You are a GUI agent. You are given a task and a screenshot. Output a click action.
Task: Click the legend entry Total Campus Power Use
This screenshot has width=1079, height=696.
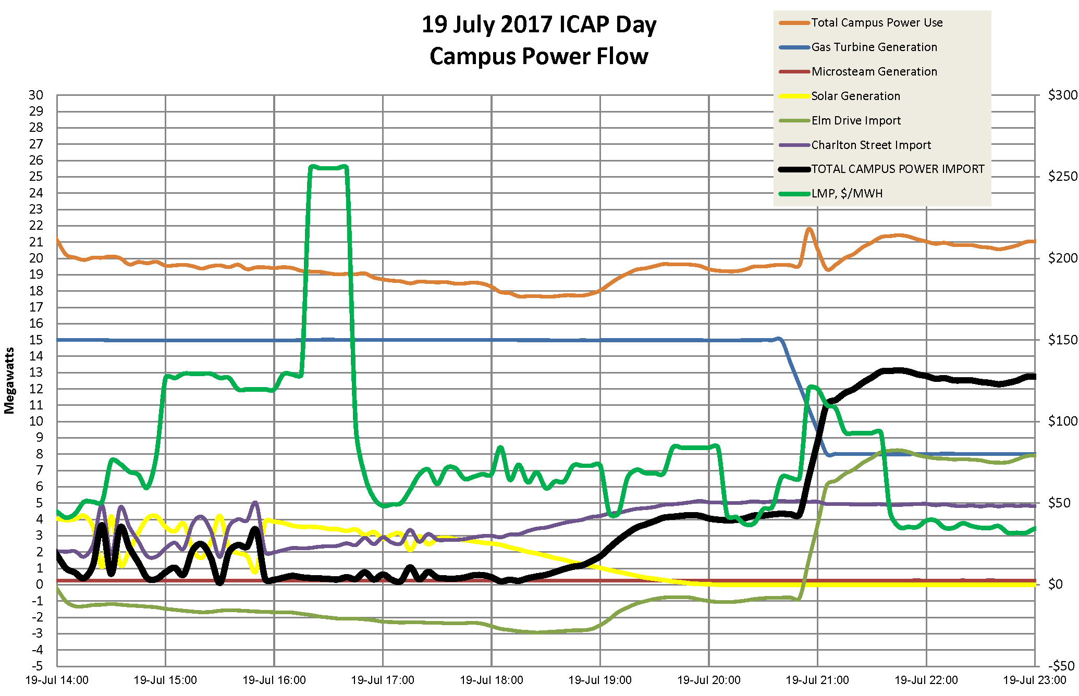(x=877, y=23)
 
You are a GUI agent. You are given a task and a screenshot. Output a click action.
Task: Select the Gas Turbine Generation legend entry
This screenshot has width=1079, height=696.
(x=874, y=47)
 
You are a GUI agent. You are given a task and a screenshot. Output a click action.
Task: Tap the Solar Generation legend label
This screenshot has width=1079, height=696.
(x=855, y=96)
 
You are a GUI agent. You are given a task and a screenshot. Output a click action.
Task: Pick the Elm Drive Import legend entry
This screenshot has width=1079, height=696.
(x=856, y=121)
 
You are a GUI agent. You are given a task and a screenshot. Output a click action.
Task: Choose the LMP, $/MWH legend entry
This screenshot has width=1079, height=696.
(x=847, y=194)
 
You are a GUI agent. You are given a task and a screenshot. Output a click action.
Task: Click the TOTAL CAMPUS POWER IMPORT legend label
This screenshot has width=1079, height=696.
(x=898, y=169)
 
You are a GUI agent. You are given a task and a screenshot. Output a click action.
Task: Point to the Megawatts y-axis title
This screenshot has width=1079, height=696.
(x=9, y=381)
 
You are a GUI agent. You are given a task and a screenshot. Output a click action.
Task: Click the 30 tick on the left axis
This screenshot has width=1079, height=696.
(x=36, y=95)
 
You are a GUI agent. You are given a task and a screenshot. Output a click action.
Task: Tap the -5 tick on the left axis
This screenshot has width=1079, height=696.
(x=37, y=666)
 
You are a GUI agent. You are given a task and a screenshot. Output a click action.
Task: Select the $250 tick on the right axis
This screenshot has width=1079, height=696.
(x=1062, y=177)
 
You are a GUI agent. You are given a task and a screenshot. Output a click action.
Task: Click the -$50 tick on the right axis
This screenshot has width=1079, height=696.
(x=1061, y=666)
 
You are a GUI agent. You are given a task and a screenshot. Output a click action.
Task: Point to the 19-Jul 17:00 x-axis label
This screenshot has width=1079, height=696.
(x=383, y=680)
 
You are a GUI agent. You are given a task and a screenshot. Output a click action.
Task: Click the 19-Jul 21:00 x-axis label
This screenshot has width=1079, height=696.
(x=817, y=680)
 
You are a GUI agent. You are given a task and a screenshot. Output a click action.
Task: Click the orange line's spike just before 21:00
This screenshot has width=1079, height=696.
(x=809, y=229)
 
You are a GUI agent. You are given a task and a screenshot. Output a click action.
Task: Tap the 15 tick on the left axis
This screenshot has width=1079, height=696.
(x=36, y=340)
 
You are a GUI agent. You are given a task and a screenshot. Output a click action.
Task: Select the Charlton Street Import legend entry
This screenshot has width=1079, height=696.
(x=870, y=145)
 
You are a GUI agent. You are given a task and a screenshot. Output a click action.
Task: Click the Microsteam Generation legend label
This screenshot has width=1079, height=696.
(x=874, y=72)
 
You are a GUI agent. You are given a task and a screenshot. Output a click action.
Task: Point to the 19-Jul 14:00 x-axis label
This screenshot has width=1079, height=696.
(x=57, y=680)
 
